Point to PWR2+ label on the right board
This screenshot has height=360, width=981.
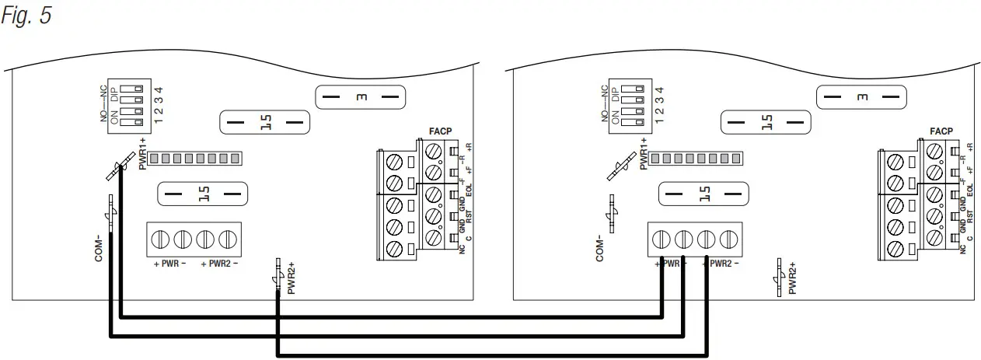click(x=792, y=279)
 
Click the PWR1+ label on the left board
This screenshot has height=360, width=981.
click(x=142, y=152)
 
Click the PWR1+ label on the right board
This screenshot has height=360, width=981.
click(x=643, y=152)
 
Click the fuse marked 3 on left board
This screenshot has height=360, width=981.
click(x=361, y=98)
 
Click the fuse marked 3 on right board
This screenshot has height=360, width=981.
click(x=861, y=98)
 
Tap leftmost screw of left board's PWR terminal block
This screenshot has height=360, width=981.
click(x=162, y=239)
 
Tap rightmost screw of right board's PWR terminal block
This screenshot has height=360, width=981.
click(x=728, y=239)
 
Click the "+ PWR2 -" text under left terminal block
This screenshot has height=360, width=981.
click(x=219, y=264)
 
